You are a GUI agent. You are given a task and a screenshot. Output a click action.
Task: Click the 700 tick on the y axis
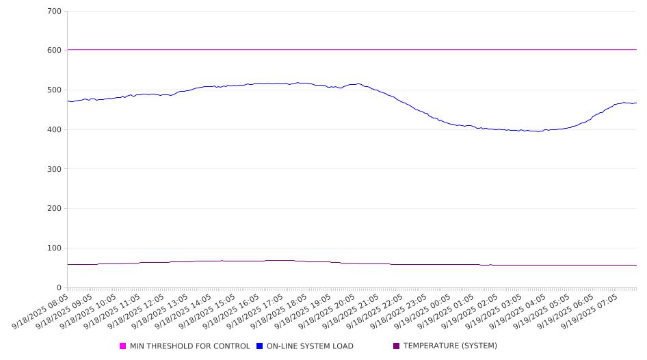(55, 12)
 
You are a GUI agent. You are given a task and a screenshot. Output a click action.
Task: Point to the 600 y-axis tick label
(55, 51)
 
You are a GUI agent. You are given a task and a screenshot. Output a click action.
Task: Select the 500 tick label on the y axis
(55, 90)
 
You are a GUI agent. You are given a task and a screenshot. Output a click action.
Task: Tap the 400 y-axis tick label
(55, 130)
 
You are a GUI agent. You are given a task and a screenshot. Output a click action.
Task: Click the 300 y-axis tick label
(55, 169)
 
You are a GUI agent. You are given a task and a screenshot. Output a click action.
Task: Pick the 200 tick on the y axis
(55, 209)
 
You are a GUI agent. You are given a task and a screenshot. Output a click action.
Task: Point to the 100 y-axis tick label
(55, 248)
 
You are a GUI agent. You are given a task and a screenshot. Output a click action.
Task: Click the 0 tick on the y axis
(59, 288)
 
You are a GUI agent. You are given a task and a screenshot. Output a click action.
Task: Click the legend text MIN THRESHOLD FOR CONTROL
(189, 346)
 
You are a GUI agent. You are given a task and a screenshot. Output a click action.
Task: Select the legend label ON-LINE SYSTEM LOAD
(310, 346)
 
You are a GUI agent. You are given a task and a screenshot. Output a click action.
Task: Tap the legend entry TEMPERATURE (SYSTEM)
(450, 346)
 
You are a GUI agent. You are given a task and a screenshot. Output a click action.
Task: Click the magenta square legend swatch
(123, 346)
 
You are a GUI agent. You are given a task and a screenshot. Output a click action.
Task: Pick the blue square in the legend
(260, 346)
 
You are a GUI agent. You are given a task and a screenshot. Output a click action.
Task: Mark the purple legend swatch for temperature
(396, 346)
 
